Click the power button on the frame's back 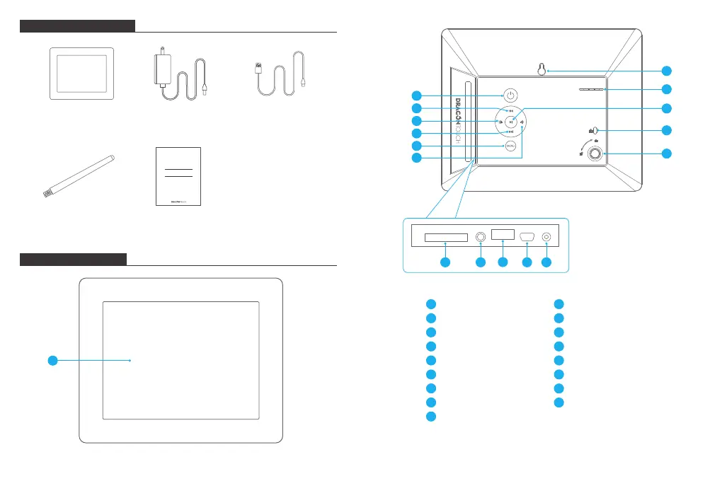pyautogui.click(x=511, y=95)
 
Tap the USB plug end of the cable pyautogui.click(x=258, y=69)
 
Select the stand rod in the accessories pyautogui.click(x=78, y=173)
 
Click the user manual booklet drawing pyautogui.click(x=178, y=177)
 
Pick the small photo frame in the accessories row pyautogui.click(x=81, y=74)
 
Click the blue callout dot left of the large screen pyautogui.click(x=52, y=361)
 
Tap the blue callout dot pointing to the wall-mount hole pyautogui.click(x=666, y=71)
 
